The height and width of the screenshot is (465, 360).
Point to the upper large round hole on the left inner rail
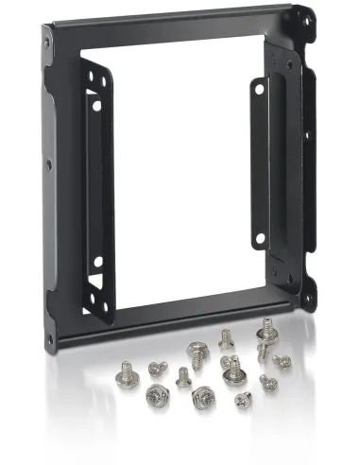click(x=96, y=105)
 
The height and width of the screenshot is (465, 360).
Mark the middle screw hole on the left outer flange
click(x=48, y=164)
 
